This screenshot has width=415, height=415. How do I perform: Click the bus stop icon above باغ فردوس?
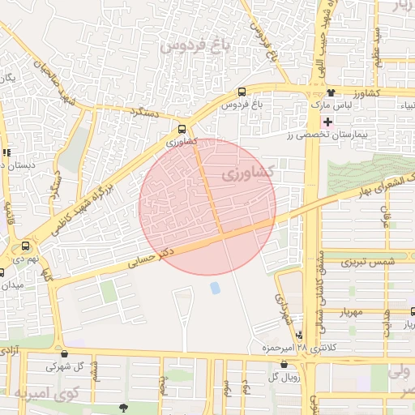[242, 92]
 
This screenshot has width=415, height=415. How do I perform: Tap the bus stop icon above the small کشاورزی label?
[183, 128]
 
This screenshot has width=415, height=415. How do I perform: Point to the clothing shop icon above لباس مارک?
[331, 93]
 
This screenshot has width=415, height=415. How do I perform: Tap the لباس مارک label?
[331, 105]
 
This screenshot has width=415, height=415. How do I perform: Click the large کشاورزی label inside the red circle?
[248, 173]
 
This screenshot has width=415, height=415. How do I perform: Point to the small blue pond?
[215, 288]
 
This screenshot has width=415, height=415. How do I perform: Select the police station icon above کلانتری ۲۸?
[301, 335]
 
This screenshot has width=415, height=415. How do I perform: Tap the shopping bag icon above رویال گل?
[282, 365]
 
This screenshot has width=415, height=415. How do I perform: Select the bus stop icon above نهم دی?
[26, 246]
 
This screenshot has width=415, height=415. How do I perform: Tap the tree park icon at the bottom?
[122, 408]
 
